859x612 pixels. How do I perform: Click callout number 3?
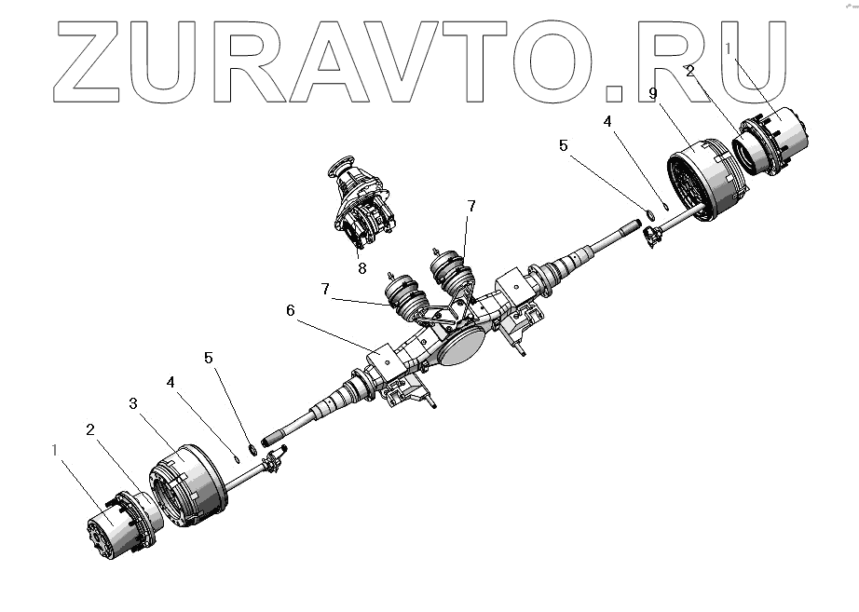click(x=133, y=402)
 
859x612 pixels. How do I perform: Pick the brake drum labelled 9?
click(x=707, y=179)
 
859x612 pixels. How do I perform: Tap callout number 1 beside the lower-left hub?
click(x=55, y=449)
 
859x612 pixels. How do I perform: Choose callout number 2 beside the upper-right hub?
click(x=689, y=70)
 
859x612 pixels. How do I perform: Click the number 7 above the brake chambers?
click(x=471, y=206)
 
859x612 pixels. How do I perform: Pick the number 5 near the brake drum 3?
click(x=209, y=357)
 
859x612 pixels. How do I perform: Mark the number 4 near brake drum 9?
click(x=607, y=121)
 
